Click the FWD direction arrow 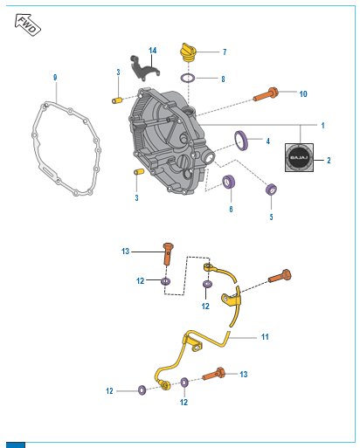(x=28, y=24)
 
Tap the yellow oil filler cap (x=188, y=53)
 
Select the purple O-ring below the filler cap (x=188, y=78)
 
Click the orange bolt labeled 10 (x=266, y=94)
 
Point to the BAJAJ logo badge (x=299, y=157)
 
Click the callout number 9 (x=55, y=78)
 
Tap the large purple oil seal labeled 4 (x=241, y=141)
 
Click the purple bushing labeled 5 (x=272, y=190)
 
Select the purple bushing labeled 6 (x=229, y=182)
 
